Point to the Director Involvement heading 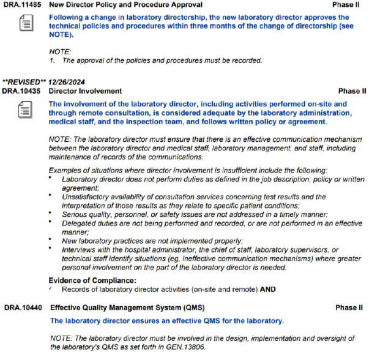[85, 91]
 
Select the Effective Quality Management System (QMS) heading [127, 307]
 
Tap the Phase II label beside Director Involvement [352, 91]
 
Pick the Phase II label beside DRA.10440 [349, 307]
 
